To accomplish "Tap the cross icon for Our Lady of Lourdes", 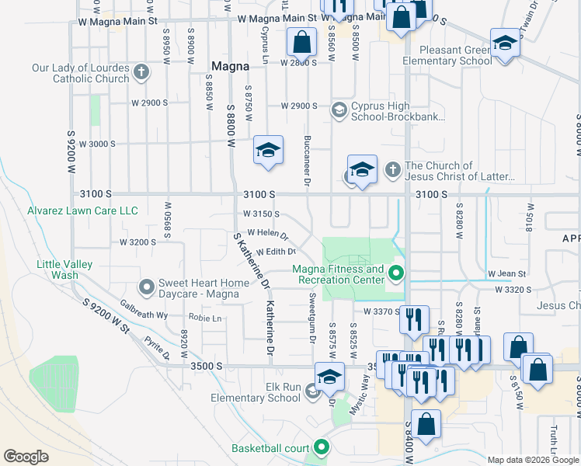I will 141,73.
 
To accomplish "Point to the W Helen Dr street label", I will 267,233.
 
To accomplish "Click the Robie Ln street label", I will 206,318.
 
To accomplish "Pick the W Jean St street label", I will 507,274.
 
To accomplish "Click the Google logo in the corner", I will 26,457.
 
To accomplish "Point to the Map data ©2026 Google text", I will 532,460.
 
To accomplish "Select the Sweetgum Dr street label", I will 312,323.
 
